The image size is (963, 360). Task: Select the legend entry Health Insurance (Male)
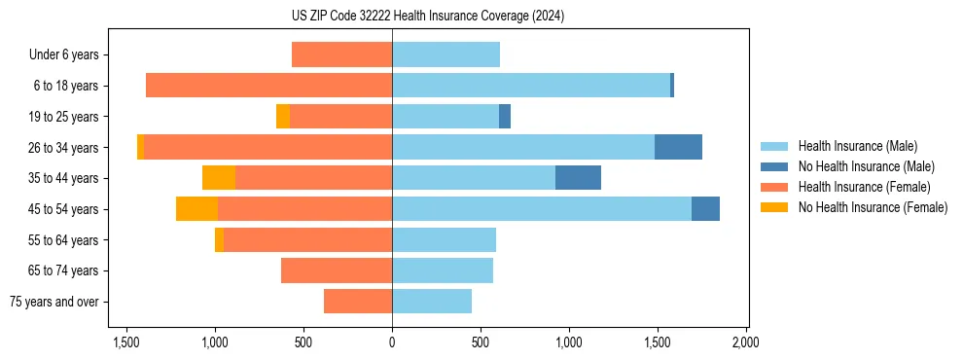point(857,146)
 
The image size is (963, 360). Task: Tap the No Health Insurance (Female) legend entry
point(872,207)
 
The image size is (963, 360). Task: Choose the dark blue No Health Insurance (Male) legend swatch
point(773,166)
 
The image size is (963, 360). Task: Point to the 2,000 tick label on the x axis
point(746,342)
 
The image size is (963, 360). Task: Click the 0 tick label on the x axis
point(392,342)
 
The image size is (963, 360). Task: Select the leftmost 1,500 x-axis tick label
point(126,342)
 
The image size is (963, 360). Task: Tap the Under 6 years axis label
point(64,54)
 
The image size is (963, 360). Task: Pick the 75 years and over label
point(54,302)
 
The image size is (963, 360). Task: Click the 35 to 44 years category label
point(64,178)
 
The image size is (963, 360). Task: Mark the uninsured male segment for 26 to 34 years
point(678,147)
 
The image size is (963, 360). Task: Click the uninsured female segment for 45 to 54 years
point(196,209)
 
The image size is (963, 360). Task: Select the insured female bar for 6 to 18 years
point(268,86)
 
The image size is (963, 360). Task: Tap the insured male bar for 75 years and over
point(432,302)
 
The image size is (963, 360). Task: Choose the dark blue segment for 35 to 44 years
point(578,178)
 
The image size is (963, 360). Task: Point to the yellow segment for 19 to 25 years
point(283,117)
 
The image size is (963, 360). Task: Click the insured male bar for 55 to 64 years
point(444,239)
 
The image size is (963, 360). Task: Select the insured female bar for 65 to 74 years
point(337,270)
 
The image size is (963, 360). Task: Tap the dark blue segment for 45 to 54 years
point(705,209)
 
